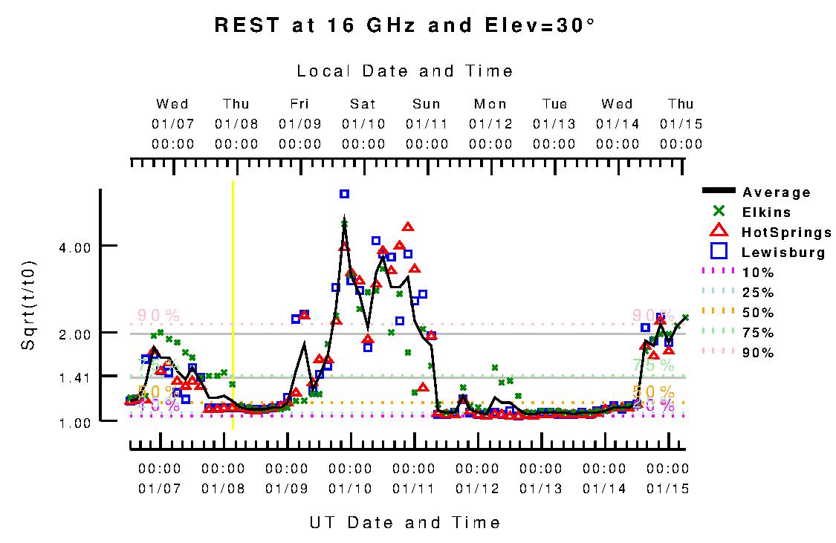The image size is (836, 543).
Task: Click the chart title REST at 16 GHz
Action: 404,25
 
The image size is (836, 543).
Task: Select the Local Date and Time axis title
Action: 405,71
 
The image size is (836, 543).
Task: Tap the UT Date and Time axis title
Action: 405,522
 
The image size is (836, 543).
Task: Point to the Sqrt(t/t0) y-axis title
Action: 29,306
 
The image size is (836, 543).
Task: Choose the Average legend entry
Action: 776,192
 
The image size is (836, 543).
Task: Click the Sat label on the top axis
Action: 363,104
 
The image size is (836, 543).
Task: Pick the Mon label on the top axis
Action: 490,104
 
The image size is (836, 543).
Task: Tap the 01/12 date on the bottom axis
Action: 477,489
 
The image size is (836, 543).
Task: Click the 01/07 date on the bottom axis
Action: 160,489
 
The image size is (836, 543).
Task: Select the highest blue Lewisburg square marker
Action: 344,194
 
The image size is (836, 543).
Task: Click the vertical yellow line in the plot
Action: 233,305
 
